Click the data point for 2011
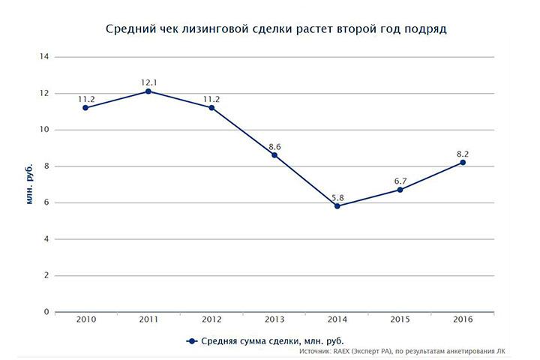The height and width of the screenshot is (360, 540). (148, 91)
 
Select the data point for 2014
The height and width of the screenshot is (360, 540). (337, 205)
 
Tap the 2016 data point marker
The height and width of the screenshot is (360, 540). (463, 162)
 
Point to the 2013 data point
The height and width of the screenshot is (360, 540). (274, 154)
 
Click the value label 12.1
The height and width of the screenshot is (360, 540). (148, 81)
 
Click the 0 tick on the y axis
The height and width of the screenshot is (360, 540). (46, 312)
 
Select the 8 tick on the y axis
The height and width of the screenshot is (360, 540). (46, 166)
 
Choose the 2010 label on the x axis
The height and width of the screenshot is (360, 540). (85, 321)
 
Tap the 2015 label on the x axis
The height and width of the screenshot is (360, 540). (400, 321)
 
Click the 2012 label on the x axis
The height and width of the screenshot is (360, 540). (211, 321)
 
